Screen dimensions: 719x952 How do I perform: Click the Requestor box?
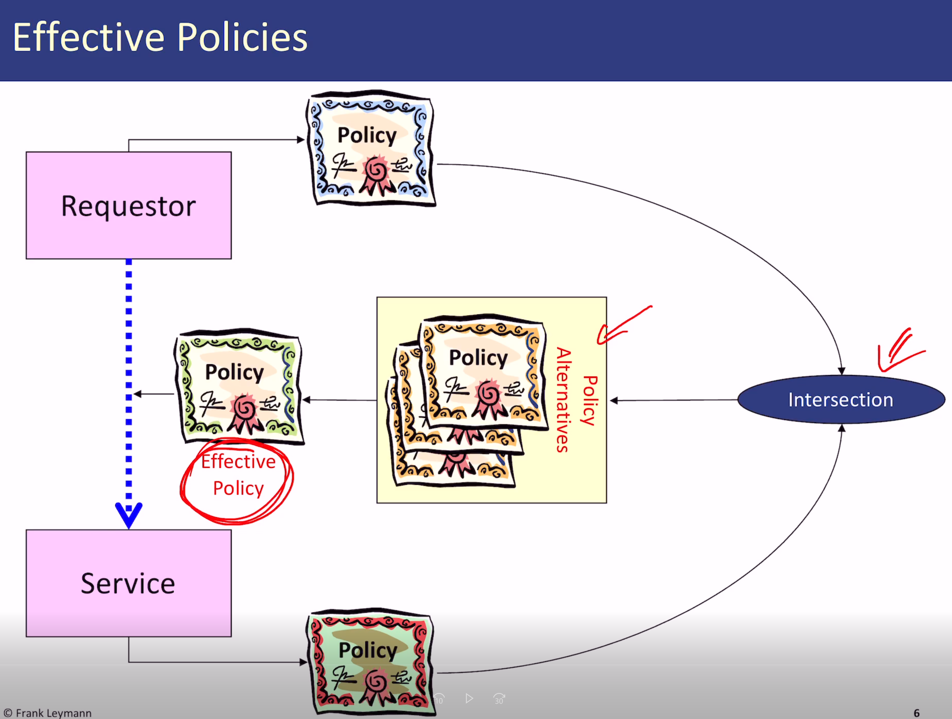128,206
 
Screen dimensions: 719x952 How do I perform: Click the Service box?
128,583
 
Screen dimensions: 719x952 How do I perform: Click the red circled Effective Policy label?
238,475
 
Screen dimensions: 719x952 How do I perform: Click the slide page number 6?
916,712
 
